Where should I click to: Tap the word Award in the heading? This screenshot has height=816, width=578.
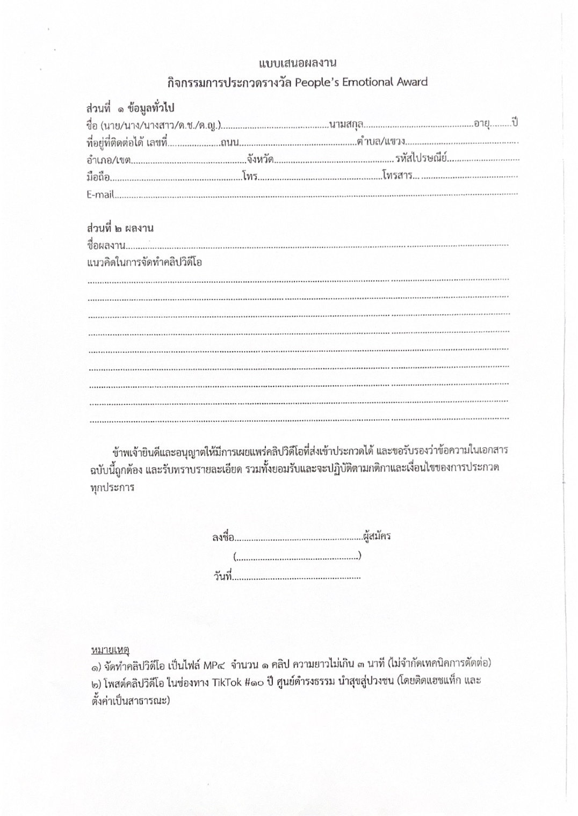tap(413, 82)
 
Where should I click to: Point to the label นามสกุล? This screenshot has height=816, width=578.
tap(346, 125)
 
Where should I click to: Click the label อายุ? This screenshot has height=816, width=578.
tap(481, 123)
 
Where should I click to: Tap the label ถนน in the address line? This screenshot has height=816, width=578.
tap(229, 142)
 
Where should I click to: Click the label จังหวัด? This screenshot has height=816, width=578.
tap(261, 159)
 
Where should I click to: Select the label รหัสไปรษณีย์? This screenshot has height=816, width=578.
tap(422, 158)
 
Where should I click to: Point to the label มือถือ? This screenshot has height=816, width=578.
tap(98, 177)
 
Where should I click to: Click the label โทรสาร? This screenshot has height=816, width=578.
tap(398, 176)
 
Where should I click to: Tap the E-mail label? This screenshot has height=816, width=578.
tap(100, 194)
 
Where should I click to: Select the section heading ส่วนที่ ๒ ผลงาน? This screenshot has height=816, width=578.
tap(120, 228)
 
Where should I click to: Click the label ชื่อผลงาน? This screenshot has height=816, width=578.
tap(106, 246)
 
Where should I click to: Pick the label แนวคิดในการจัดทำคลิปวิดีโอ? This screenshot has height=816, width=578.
tap(144, 263)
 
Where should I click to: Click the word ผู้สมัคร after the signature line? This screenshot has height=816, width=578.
tap(377, 536)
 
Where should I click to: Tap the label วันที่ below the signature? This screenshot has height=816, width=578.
tap(222, 577)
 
